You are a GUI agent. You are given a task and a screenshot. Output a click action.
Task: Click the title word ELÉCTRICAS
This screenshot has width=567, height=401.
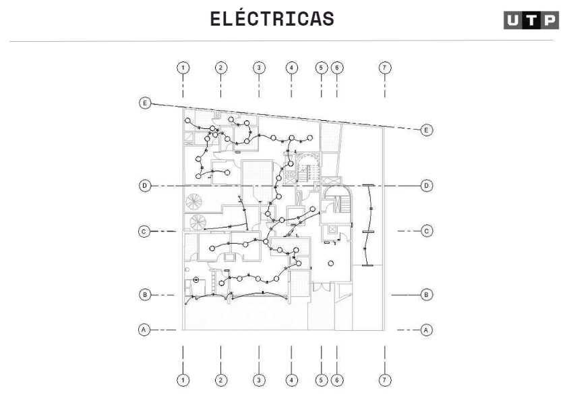click(x=272, y=19)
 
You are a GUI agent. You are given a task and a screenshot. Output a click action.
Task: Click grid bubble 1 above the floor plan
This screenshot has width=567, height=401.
click(x=183, y=68)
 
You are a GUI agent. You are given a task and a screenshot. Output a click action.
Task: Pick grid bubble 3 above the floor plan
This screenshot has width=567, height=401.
click(x=259, y=68)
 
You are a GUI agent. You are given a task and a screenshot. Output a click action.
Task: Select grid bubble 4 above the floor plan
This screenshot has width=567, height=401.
click(x=291, y=68)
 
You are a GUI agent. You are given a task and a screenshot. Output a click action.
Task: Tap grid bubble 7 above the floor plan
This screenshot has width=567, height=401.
click(x=384, y=68)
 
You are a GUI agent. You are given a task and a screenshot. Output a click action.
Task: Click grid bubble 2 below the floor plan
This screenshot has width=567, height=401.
click(x=221, y=380)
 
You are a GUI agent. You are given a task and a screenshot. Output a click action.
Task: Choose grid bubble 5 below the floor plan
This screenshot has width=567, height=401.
click(x=321, y=380)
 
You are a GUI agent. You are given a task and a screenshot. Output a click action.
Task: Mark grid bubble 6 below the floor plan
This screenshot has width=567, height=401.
click(x=337, y=380)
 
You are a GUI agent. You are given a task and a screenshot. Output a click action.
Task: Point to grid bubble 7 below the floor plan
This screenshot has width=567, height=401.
click(x=384, y=380)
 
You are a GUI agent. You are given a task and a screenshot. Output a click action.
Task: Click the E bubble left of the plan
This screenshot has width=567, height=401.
click(x=144, y=103)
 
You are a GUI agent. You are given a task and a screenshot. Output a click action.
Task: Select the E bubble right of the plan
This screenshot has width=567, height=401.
click(x=426, y=129)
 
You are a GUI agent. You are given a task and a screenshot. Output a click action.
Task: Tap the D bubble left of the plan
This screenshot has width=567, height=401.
click(x=144, y=185)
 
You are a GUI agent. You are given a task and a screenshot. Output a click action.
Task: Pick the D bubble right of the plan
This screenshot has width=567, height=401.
click(x=426, y=185)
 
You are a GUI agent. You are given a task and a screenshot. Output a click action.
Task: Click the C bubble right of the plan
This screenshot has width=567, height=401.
click(x=426, y=231)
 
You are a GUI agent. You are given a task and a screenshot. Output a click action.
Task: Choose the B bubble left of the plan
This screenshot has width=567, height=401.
click(x=144, y=294)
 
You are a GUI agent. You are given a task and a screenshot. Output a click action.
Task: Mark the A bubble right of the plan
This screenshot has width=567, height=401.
click(x=426, y=329)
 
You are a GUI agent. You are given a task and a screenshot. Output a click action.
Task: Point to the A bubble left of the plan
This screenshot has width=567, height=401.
click(x=144, y=329)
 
